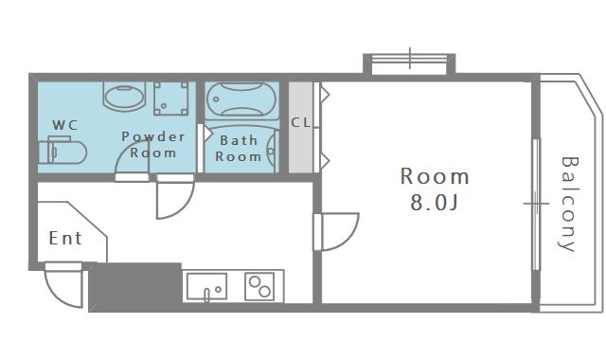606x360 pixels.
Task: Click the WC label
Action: tap(65, 125)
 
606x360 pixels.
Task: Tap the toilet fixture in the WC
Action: tap(62, 150)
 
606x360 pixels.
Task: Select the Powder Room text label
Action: tap(153, 145)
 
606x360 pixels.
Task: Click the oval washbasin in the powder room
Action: tap(124, 96)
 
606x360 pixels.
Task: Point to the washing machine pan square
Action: tap(170, 99)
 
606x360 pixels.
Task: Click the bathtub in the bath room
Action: tap(241, 99)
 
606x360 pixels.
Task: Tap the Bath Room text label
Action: tap(239, 149)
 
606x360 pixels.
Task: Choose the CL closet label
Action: tap(301, 123)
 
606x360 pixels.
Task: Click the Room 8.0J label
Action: tap(435, 189)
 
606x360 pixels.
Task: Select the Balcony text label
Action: tap(569, 204)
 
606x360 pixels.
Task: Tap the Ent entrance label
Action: tap(65, 238)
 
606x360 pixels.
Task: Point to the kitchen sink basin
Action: tap(206, 286)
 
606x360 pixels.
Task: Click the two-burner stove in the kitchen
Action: tap(259, 286)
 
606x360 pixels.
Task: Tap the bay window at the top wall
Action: tap(410, 63)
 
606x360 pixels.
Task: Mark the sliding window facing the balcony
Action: tap(536, 204)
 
